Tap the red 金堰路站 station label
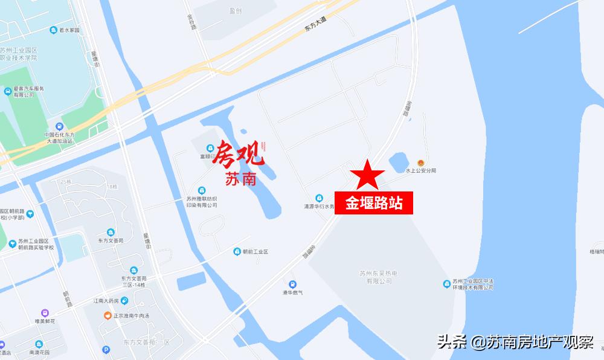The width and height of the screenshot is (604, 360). click(374, 203)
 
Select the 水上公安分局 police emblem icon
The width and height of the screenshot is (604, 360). click(421, 162)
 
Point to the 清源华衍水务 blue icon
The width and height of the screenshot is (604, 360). click(319, 197)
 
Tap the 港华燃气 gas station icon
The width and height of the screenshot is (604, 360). click(293, 284)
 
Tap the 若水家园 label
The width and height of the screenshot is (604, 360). click(69, 30)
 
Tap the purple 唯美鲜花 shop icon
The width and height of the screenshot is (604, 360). click(44, 313)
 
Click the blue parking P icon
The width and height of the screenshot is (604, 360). click(106, 349)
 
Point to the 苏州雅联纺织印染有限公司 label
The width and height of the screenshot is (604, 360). click(202, 202)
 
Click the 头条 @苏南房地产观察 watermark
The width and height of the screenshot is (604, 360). click(515, 342)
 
